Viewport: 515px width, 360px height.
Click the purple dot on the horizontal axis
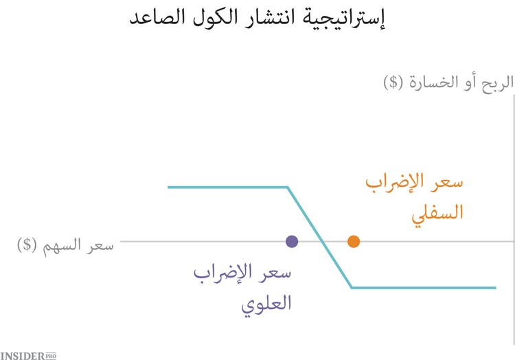pos(292,241)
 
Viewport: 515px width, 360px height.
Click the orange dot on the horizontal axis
pos(354,241)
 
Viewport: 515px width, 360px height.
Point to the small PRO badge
pos(50,355)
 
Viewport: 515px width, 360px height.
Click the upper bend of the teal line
pos(288,187)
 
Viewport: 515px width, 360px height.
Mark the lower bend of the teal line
pos(352,287)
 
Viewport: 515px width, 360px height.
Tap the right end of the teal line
pos(495,287)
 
